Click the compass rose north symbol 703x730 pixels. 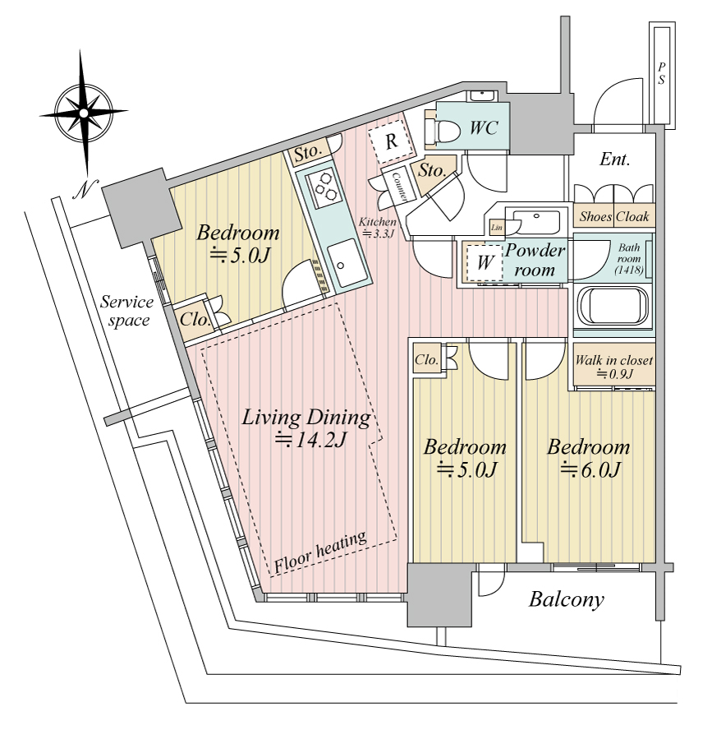click(x=83, y=113)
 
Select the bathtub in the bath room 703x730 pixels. click(x=613, y=307)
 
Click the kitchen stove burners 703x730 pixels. click(x=324, y=187)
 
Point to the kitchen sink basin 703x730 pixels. click(x=347, y=264)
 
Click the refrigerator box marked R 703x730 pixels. click(x=391, y=141)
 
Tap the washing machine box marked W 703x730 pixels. click(x=484, y=262)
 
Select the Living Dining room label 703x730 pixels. click(x=306, y=417)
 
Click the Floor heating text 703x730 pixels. click(x=320, y=552)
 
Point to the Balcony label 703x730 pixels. click(x=566, y=599)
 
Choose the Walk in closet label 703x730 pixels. click(x=613, y=360)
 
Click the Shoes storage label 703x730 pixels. click(x=595, y=216)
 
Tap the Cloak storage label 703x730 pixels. click(x=632, y=216)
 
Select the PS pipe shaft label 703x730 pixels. click(x=661, y=74)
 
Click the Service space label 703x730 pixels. click(x=126, y=311)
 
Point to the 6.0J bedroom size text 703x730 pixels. click(x=590, y=470)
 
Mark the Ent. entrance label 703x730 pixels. click(x=614, y=159)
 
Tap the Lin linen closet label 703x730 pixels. click(x=497, y=228)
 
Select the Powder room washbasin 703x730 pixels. click(x=536, y=223)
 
